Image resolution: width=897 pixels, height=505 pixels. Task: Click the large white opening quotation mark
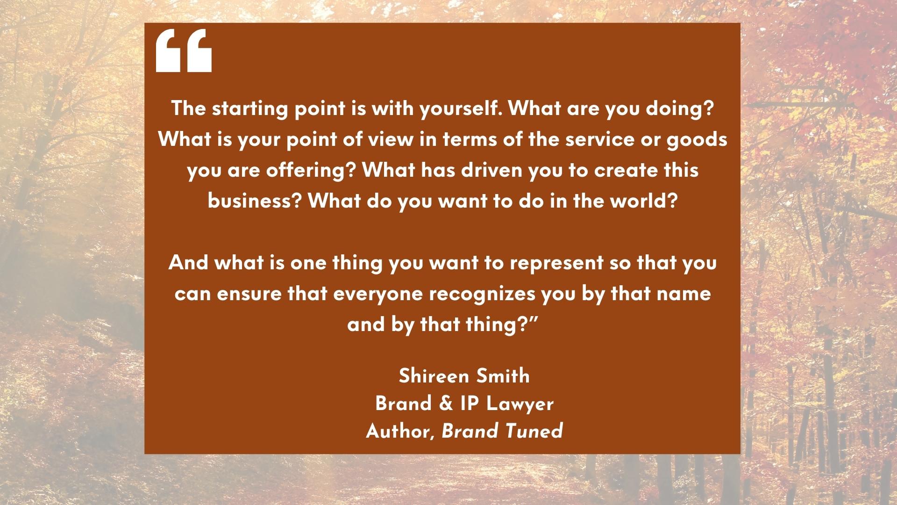tap(184, 50)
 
